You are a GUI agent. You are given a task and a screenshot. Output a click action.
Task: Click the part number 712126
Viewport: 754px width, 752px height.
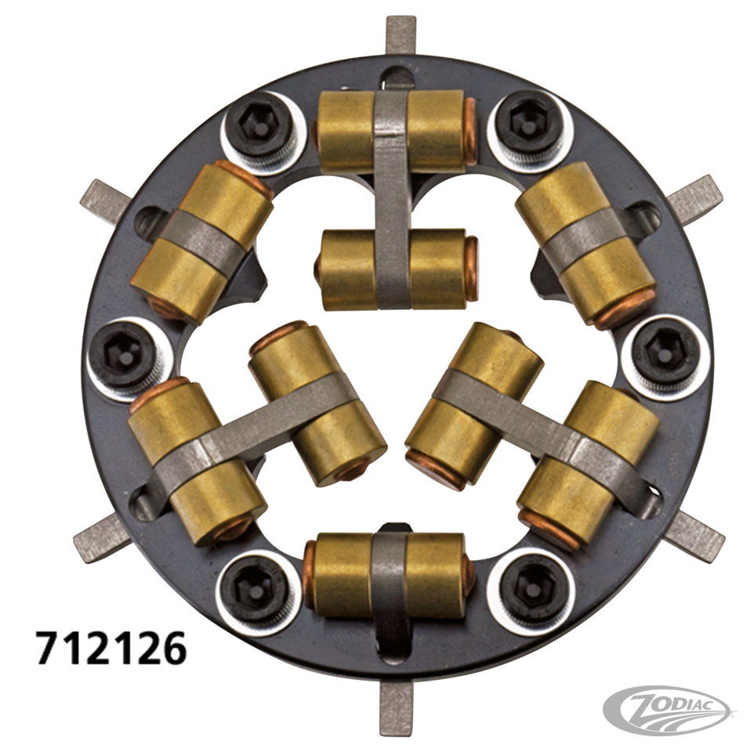[x=110, y=646]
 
